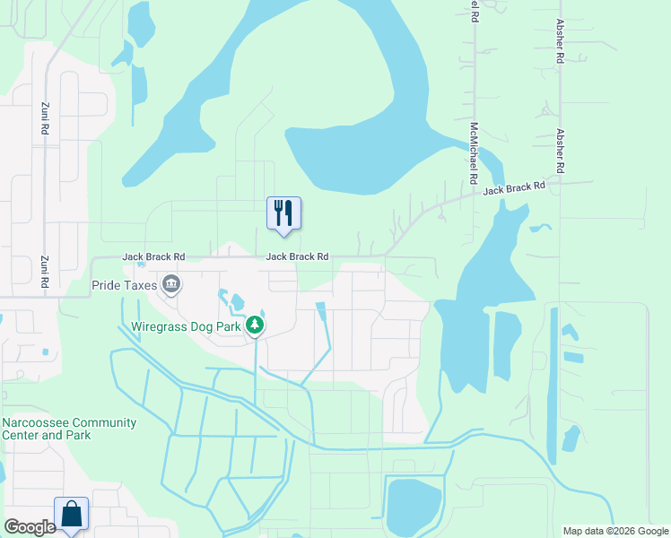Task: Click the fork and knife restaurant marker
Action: [283, 213]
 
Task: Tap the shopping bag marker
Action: [72, 514]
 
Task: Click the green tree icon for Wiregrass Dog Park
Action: [256, 325]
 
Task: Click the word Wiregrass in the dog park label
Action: [162, 326]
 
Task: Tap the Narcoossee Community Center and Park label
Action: [69, 429]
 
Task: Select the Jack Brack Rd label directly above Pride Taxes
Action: [153, 256]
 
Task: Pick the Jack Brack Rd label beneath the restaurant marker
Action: [297, 256]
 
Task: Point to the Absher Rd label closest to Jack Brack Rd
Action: [560, 151]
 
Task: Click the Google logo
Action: [30, 527]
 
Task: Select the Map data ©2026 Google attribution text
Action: [614, 531]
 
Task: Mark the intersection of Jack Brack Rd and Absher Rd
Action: [560, 184]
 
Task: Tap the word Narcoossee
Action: [43, 422]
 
